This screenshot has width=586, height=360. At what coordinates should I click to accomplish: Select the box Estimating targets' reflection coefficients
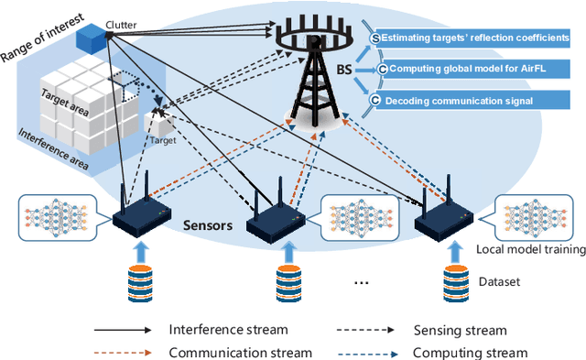[x=472, y=38]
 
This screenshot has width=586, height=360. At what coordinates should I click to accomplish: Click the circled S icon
[x=375, y=38]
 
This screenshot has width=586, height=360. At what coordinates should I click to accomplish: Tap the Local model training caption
[x=532, y=250]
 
